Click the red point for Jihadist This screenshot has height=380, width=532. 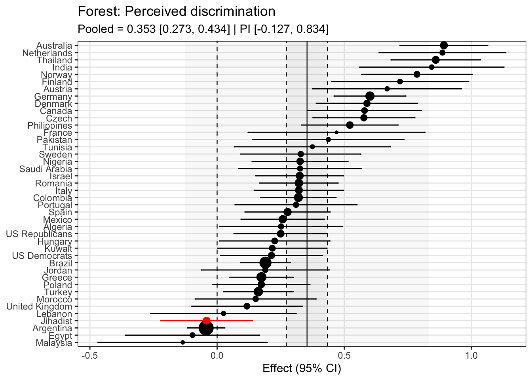pos(206,321)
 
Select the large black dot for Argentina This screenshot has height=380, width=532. pos(206,328)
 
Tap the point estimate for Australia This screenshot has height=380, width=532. pos(444,45)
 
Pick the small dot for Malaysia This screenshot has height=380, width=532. pos(182,342)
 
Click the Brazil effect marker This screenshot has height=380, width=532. pos(265,263)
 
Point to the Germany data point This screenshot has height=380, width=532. pos(370,96)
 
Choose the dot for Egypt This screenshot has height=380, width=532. pos(192,335)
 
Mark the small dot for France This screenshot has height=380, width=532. pos(336,132)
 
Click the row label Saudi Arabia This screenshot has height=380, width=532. pos(46,169)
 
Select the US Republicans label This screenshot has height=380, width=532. pos(39,234)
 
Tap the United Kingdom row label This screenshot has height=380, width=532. pos(39,306)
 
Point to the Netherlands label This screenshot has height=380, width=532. pos(47,53)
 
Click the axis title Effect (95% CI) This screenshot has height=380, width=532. pos(302,369)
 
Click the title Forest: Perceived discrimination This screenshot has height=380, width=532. pos(177,11)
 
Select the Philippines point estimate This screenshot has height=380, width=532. pos(350,125)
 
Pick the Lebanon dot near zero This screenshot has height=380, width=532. pos(223,313)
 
